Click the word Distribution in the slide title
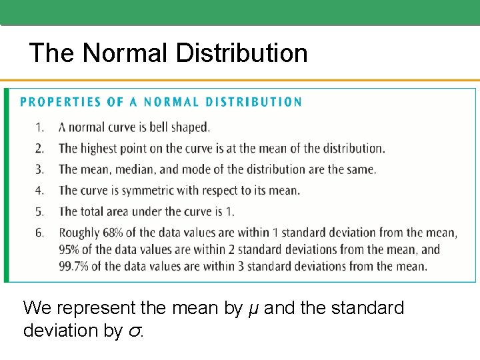pos(241,53)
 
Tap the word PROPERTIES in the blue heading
pos(61,102)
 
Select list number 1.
pos(40,127)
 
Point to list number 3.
pos(40,169)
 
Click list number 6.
pos(40,233)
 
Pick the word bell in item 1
pos(146,127)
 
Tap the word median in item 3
pos(134,169)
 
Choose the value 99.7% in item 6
pos(76,267)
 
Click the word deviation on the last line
pos(64,330)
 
